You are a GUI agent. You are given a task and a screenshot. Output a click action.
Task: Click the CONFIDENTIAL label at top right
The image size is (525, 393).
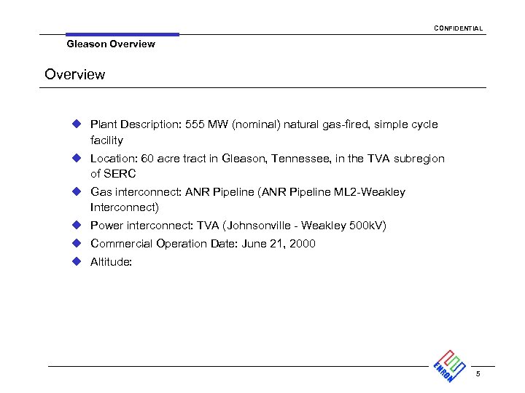pos(458,28)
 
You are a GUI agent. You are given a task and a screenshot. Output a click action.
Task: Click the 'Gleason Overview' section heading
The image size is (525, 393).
pos(110,44)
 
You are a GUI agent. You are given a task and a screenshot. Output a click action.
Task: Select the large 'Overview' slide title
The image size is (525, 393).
pos(74,74)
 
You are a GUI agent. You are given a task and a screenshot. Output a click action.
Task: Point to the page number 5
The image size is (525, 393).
pos(478,374)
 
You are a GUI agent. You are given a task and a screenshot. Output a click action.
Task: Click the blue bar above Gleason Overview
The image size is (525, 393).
pos(122,34)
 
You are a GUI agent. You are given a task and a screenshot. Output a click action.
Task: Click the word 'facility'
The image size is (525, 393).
pos(106,140)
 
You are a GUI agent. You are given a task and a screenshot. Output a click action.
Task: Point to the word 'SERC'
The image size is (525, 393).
pos(120,174)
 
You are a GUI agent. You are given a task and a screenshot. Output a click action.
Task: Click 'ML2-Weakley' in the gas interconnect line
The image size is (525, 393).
pos(371,192)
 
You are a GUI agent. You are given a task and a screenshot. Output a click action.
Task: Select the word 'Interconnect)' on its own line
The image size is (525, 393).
pos(124,207)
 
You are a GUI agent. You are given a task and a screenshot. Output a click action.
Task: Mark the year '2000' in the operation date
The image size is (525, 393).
pos(302,244)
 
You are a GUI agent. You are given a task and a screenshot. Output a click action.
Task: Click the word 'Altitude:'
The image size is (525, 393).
pos(111,262)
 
